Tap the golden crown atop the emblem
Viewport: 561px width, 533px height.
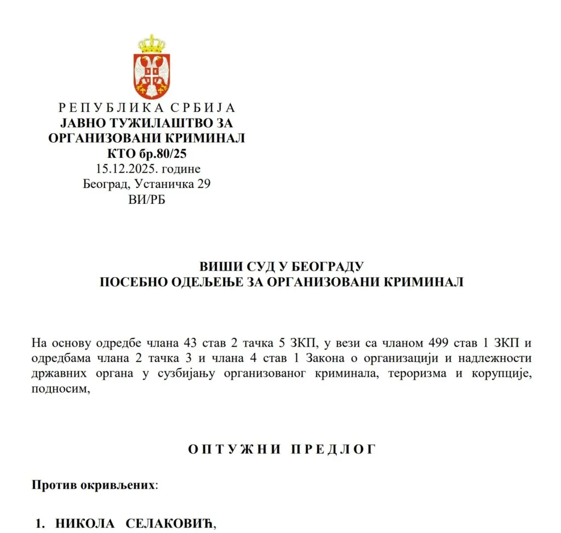pos(151,44)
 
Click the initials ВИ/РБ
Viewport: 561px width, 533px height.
pos(146,199)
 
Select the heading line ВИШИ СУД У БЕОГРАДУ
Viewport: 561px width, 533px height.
pos(282,267)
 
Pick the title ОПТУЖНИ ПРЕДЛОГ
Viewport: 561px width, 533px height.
pos(282,449)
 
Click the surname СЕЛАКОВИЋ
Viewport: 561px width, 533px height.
pos(170,524)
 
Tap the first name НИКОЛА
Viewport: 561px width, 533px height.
pos(85,524)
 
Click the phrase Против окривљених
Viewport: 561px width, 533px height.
pos(94,485)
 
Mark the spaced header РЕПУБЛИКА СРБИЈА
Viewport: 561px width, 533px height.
pos(146,108)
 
